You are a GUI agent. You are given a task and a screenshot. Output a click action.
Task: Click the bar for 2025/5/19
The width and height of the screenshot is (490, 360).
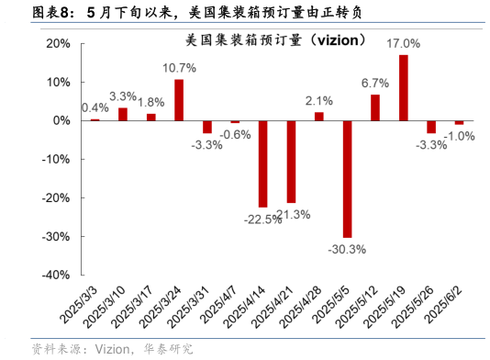point(403,87)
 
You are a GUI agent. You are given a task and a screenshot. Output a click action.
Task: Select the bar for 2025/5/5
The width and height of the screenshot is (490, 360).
point(347,178)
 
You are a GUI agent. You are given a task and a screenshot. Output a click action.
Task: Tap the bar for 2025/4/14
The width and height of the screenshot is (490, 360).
point(262,163)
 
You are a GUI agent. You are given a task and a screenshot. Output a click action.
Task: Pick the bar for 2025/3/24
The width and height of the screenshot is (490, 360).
point(178,100)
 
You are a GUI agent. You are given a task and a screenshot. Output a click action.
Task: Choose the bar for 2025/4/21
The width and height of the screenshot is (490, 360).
point(291,161)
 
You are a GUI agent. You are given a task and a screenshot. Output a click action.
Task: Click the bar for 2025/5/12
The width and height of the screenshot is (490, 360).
point(375,107)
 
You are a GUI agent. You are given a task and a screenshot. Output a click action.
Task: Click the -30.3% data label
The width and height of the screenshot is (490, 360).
point(347,248)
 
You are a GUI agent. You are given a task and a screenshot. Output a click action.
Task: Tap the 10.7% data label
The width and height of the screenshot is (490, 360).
point(179,68)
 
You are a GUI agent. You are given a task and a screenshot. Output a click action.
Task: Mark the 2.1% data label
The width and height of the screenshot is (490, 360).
point(318,100)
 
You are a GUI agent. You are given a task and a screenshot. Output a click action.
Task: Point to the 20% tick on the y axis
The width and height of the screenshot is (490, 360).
point(57,43)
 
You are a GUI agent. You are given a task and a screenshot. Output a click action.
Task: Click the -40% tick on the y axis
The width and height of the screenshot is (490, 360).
point(54,275)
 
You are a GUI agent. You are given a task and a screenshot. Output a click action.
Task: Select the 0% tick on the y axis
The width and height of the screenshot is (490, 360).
point(61,120)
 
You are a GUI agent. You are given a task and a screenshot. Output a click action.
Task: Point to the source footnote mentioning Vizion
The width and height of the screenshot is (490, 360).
point(112,348)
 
